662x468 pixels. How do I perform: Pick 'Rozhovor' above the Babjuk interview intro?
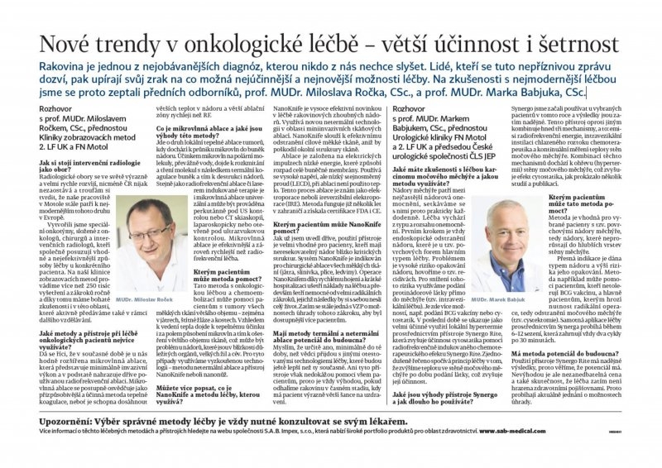coord(413,108)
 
